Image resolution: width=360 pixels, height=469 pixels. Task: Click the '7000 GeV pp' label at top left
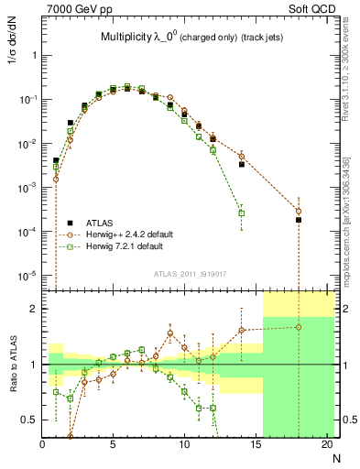pyautogui.click(x=73, y=7)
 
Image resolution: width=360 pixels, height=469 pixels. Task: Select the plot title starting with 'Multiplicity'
pyautogui.click(x=191, y=38)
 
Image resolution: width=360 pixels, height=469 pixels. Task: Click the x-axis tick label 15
pyautogui.click(x=256, y=446)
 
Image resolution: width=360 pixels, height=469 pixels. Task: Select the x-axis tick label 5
pyautogui.click(x=113, y=446)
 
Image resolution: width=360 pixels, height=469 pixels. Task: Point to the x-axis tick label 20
pyautogui.click(x=326, y=446)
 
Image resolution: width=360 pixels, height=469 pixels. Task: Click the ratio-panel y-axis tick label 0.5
pyautogui.click(x=29, y=420)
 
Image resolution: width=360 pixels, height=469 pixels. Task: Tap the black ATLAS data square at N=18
pyautogui.click(x=299, y=220)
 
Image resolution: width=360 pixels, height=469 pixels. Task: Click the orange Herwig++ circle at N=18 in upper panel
pyautogui.click(x=299, y=211)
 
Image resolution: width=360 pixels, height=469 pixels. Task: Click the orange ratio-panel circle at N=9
pyautogui.click(x=170, y=333)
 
